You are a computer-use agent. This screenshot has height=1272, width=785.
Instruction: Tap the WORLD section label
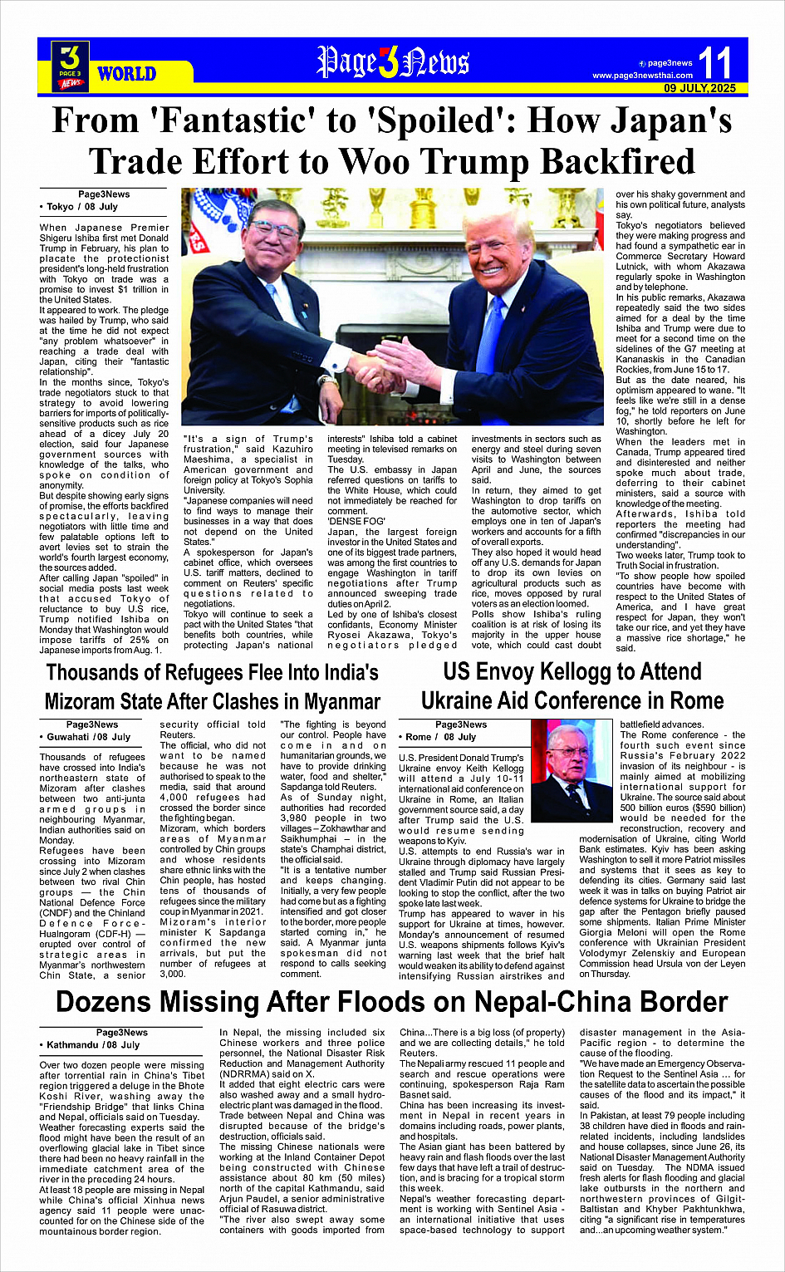click(x=126, y=74)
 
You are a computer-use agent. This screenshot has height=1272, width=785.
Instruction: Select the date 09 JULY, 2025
click(x=699, y=88)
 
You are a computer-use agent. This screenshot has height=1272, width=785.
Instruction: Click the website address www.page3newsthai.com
click(x=642, y=76)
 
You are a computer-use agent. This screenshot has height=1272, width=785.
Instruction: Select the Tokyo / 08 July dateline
click(x=81, y=207)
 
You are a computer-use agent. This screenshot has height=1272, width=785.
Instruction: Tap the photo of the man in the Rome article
click(x=572, y=770)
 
